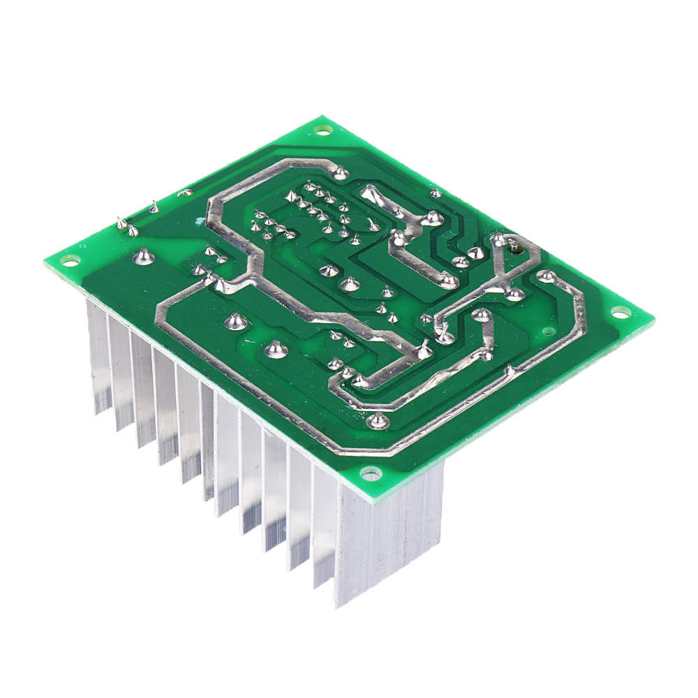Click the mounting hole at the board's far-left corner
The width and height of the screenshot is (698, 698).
(68, 260)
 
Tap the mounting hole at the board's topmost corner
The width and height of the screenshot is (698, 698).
(322, 129)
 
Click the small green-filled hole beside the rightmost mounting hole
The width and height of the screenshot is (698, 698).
(549, 330)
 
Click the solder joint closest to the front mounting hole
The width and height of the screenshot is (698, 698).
(378, 420)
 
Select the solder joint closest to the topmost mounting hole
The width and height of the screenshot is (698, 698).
(340, 171)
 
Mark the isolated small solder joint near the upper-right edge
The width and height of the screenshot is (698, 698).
(435, 193)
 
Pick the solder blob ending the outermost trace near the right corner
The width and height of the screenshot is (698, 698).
(547, 278)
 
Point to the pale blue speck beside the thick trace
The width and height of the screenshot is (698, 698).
(200, 222)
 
